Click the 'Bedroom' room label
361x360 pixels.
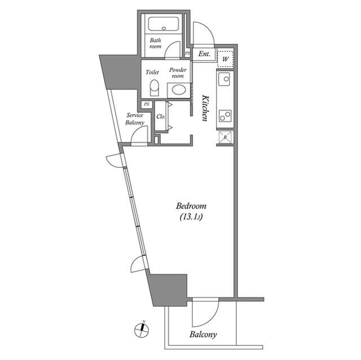(x=191, y=206)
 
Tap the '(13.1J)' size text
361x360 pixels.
(x=191, y=217)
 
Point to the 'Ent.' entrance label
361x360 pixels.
(x=204, y=55)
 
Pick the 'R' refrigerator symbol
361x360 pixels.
(x=225, y=137)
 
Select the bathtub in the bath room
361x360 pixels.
(x=164, y=25)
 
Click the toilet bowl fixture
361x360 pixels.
(x=153, y=88)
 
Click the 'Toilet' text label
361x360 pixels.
(x=152, y=72)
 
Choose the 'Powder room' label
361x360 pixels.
(x=178, y=73)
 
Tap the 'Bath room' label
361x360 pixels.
(x=156, y=43)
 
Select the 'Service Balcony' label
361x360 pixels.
(x=135, y=118)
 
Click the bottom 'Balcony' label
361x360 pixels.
(x=203, y=335)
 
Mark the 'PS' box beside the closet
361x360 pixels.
(x=147, y=104)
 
